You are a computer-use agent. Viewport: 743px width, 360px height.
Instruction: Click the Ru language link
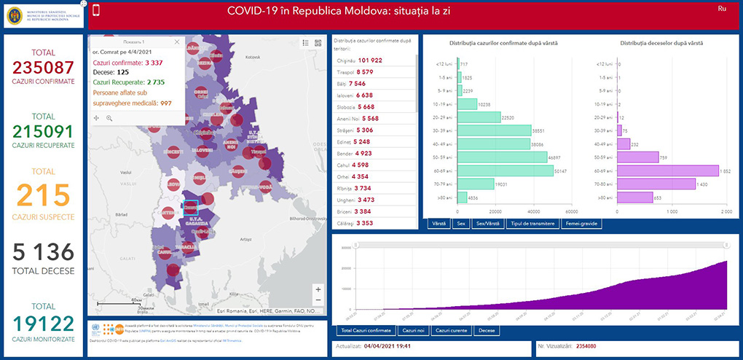pos(722,8)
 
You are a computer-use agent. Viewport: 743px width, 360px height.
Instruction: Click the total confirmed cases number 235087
pos(43,68)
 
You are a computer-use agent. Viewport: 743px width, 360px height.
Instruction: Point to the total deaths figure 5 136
pos(43,252)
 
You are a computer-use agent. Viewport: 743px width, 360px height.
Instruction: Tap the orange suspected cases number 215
pos(43,196)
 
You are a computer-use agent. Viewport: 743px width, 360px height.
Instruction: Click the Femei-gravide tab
pos(581,224)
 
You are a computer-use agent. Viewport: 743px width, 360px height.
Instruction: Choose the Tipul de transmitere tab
pos(532,224)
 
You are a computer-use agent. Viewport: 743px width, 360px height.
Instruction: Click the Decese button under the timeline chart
pos(487,331)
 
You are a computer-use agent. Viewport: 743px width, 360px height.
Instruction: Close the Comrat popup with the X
pos(177,42)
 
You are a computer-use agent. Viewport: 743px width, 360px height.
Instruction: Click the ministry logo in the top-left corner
pos(44,16)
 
